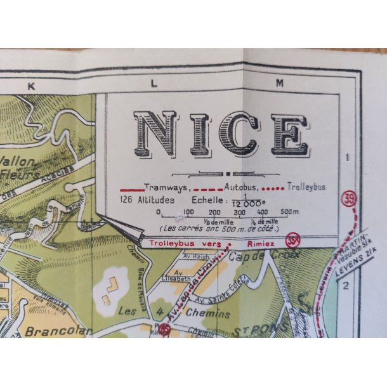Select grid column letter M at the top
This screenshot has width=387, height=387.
[280, 82]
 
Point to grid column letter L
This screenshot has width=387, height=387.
[154, 82]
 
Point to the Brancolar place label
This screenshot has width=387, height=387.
[49, 331]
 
